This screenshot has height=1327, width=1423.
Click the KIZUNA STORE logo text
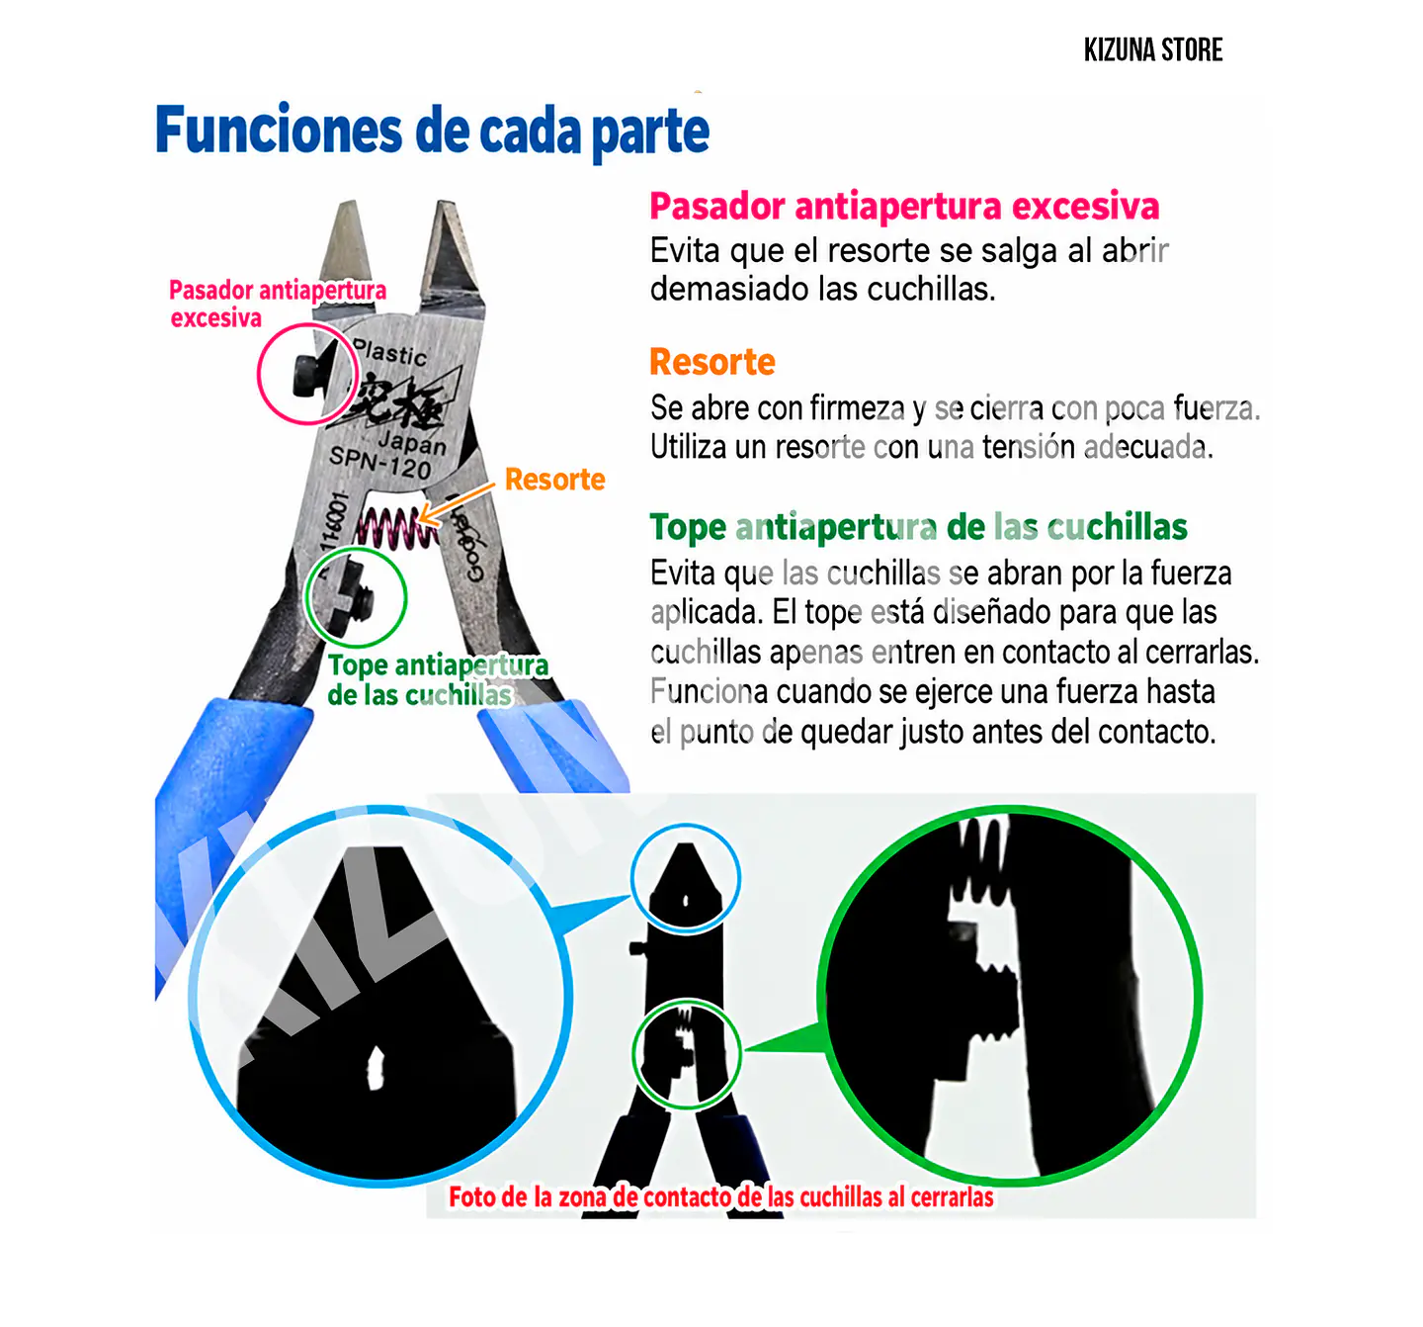(x=1152, y=50)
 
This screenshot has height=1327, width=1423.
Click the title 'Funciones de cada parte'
(x=432, y=131)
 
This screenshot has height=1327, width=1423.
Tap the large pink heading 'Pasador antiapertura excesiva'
(x=904, y=207)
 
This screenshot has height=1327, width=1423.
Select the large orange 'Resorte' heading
(x=712, y=362)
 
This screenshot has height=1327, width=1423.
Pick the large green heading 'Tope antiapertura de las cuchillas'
(x=919, y=528)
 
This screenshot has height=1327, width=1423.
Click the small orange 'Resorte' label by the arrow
(x=554, y=480)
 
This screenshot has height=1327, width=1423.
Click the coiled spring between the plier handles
(x=397, y=529)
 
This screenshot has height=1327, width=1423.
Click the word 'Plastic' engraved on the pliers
(x=391, y=352)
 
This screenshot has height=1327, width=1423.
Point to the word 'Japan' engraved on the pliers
(x=413, y=442)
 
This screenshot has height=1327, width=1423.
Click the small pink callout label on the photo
(x=278, y=304)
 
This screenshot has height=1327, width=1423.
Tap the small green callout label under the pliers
(x=438, y=680)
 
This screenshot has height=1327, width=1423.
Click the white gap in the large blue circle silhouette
(x=375, y=1067)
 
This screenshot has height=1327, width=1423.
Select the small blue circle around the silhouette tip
(x=686, y=826)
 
